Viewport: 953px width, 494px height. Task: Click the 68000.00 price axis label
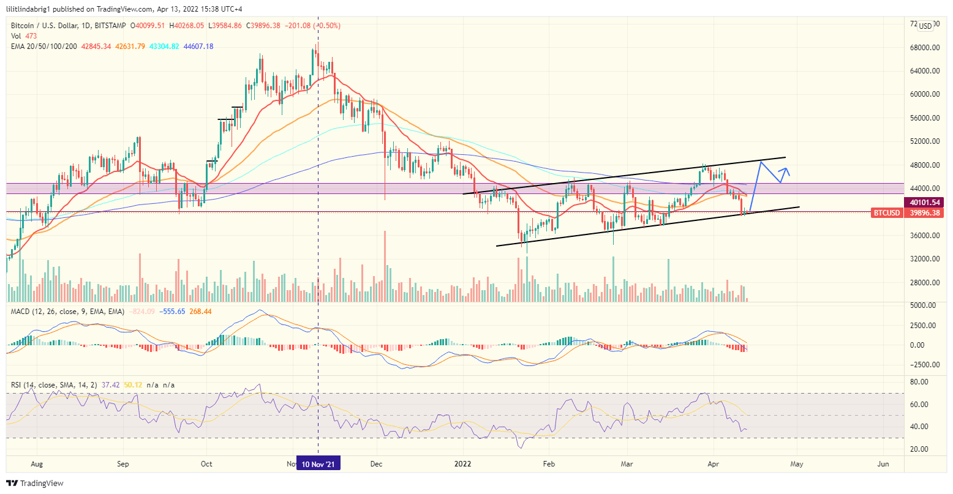925,48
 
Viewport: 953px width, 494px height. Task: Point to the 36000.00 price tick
925,236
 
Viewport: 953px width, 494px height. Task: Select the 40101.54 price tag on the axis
925,202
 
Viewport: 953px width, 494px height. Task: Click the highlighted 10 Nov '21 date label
318,464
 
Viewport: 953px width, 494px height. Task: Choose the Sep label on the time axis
123,464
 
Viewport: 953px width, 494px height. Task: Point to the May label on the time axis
796,464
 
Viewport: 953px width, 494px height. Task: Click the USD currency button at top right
925,26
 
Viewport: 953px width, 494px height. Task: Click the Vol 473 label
22,36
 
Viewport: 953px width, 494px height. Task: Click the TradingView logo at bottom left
36,484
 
